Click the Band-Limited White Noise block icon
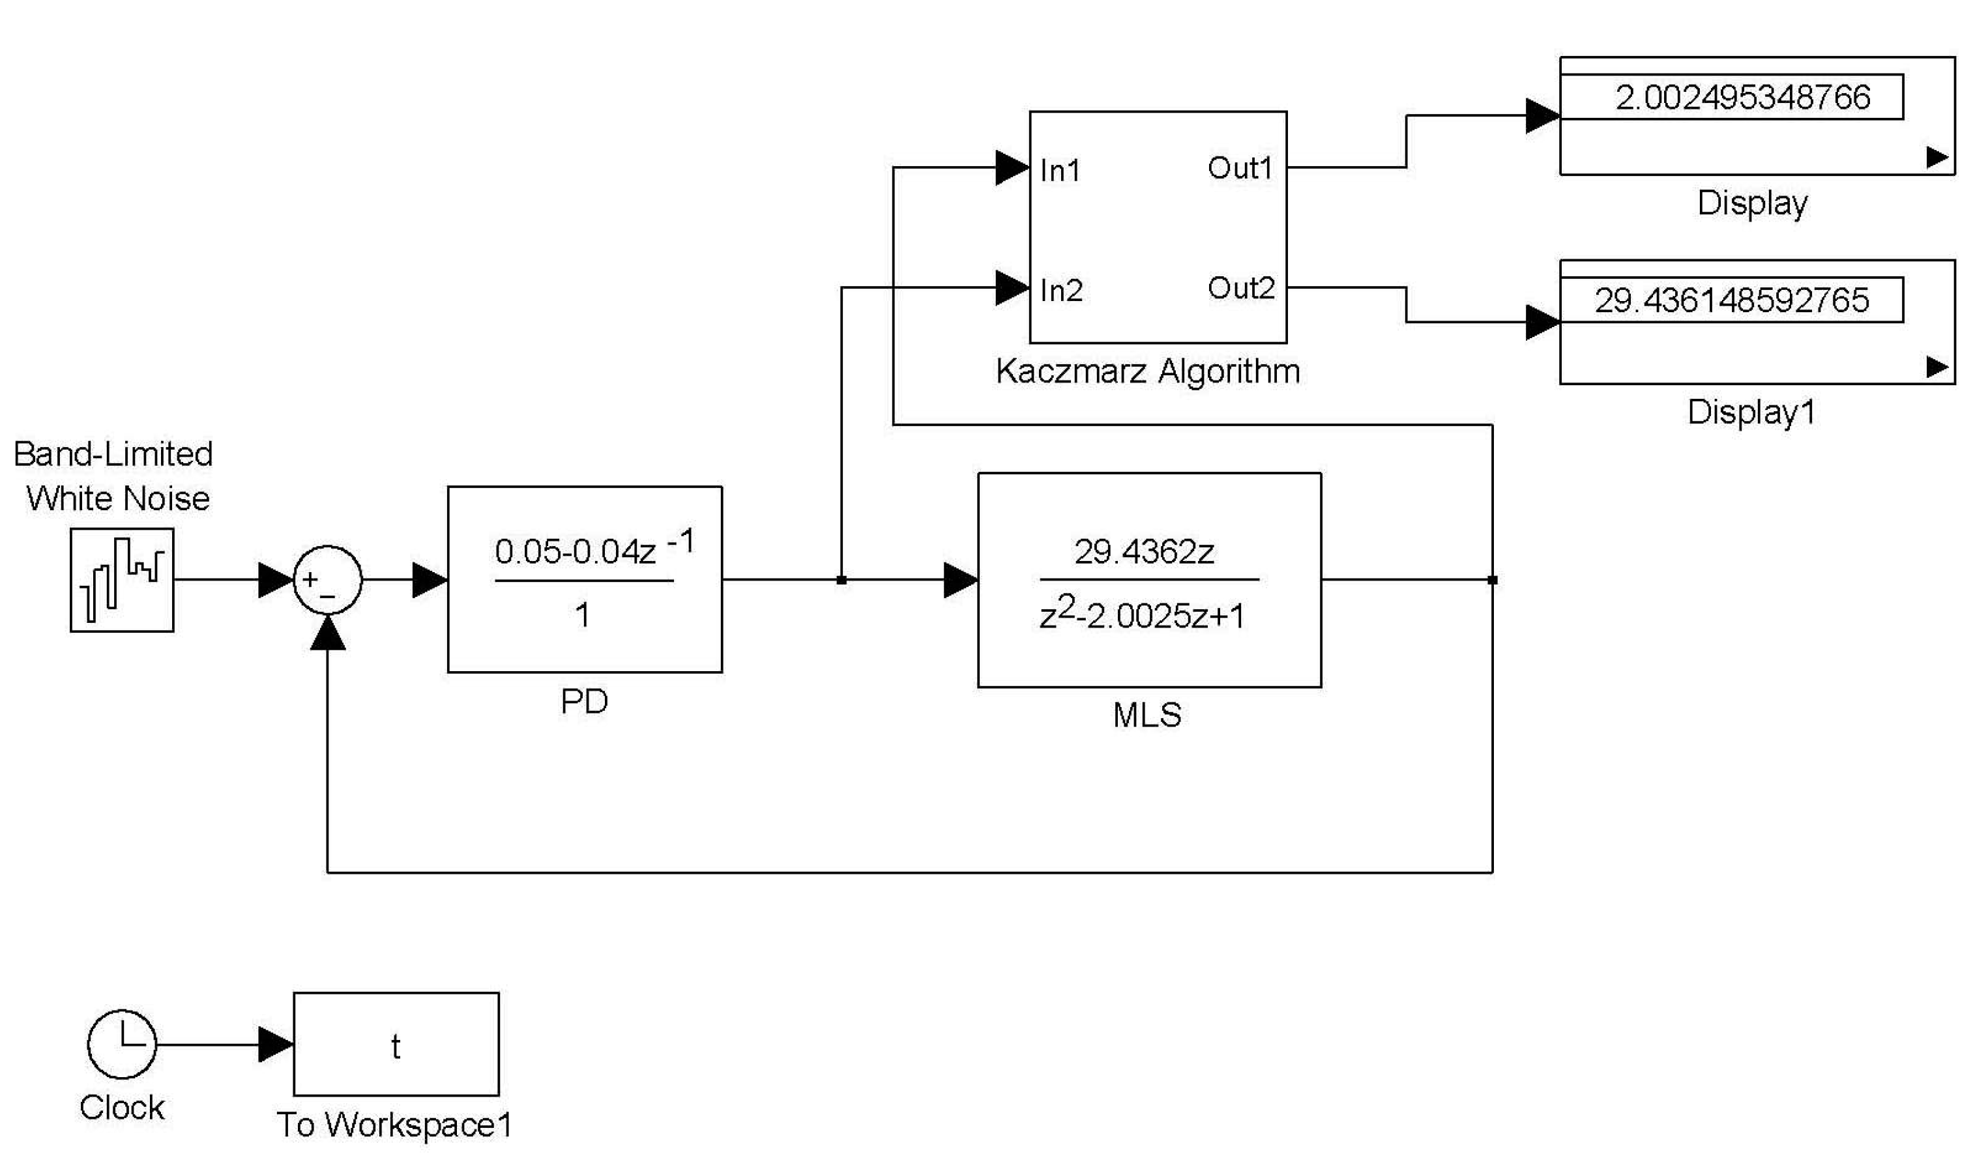point(121,580)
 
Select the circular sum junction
point(327,580)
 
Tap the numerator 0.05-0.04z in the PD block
point(576,551)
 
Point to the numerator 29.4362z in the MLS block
point(1144,552)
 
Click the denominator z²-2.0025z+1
point(1141,615)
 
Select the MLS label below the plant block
point(1147,715)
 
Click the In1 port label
point(1060,171)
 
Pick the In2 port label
point(1061,291)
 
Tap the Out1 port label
point(1240,167)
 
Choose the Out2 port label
point(1241,288)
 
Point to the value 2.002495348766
point(1743,97)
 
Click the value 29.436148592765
point(1732,300)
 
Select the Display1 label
point(1751,412)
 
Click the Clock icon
point(121,1044)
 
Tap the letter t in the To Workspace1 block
point(396,1046)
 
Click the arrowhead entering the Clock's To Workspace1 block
point(276,1045)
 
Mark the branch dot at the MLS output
point(1492,580)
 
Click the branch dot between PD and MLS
point(841,580)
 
